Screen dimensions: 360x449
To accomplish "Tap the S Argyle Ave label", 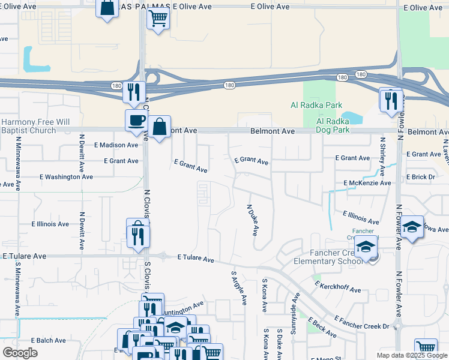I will point(239,287).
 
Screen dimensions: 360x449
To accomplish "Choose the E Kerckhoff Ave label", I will point(337,286).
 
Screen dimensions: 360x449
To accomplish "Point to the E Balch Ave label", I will point(47,340).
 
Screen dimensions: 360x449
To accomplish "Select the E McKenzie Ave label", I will point(367,183).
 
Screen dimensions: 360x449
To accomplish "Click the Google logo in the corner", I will point(20,353).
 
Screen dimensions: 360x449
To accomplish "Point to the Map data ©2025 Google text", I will point(411,355).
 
